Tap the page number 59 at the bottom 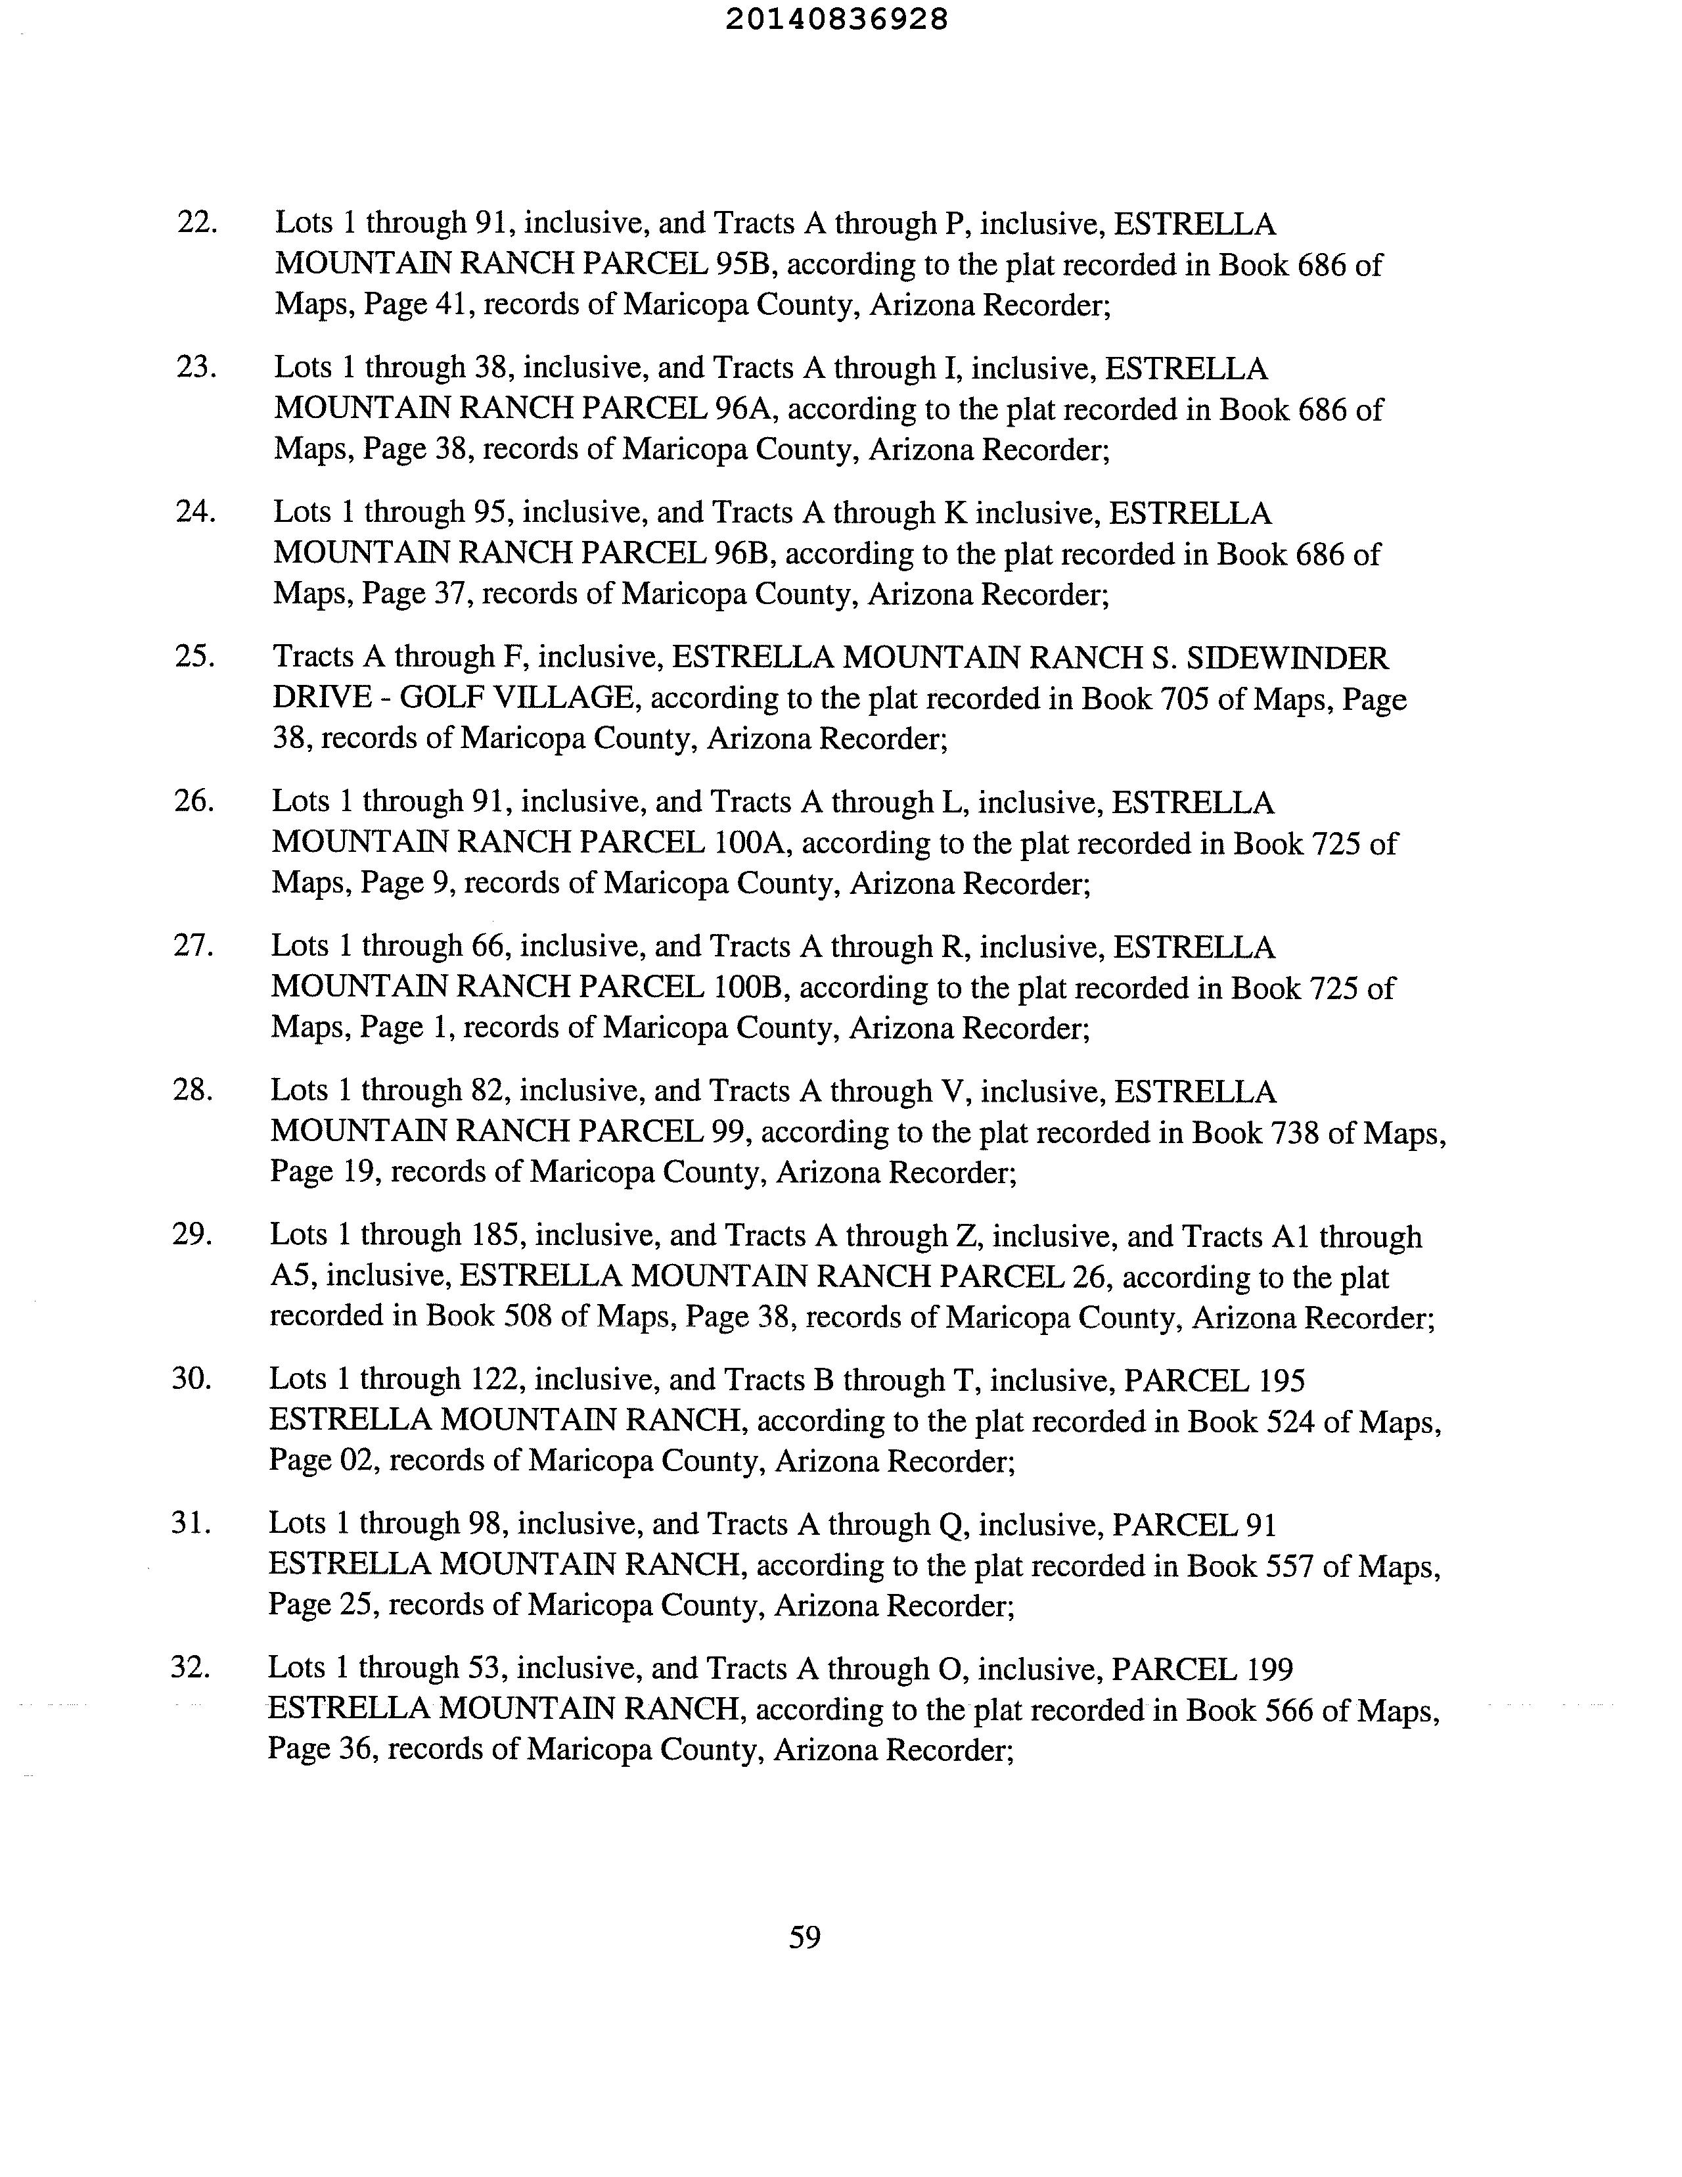(804, 1937)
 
